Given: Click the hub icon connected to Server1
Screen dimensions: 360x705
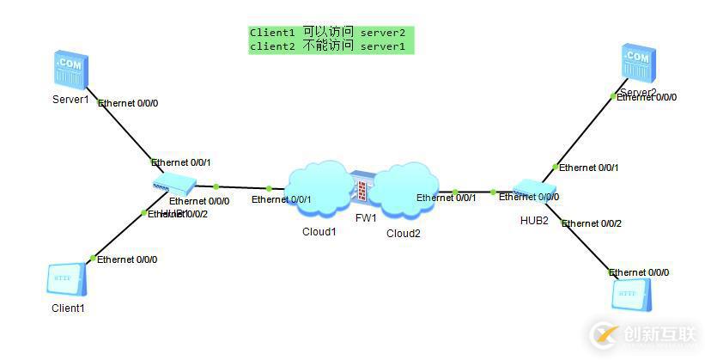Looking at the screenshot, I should (x=173, y=183).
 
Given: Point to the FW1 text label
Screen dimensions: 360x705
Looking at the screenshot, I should (x=367, y=218).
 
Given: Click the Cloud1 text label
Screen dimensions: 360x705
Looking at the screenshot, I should (x=319, y=232).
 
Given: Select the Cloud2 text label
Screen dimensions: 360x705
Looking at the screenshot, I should (x=403, y=233).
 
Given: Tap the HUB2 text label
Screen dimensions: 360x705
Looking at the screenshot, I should (x=534, y=220).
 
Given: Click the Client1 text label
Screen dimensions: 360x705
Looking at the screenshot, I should (x=68, y=307).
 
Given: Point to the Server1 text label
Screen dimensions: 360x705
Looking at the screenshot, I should (x=70, y=99).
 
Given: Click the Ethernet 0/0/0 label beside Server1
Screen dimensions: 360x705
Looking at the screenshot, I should (x=129, y=103).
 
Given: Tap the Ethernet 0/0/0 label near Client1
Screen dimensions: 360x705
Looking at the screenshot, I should (x=127, y=259).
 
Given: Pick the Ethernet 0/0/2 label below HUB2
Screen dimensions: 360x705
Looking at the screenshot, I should (x=592, y=223).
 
